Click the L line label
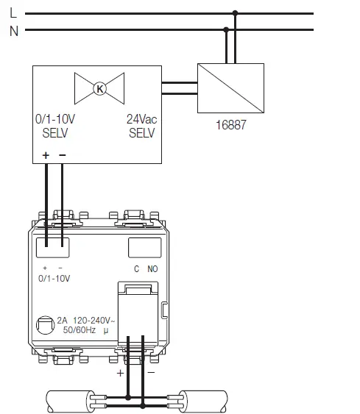pyautogui.click(x=13, y=13)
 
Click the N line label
pyautogui.click(x=13, y=30)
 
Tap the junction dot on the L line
pyautogui.click(x=235, y=13)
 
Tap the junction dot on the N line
pyautogui.click(x=226, y=30)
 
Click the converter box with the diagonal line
pyautogui.click(x=230, y=88)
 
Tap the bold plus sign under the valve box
pyautogui.click(x=46, y=156)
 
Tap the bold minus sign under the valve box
pyautogui.click(x=62, y=156)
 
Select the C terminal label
pyautogui.click(x=136, y=269)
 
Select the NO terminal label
pyautogui.click(x=152, y=269)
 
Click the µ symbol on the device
pyautogui.click(x=105, y=332)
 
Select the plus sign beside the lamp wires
pyautogui.click(x=120, y=374)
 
